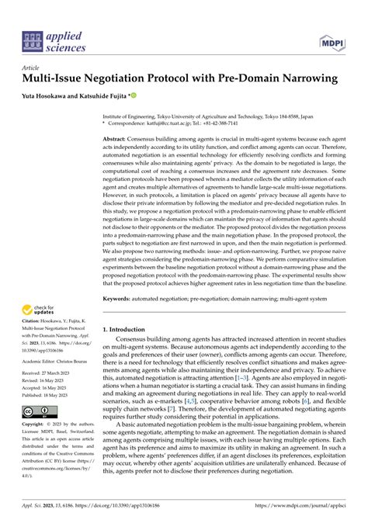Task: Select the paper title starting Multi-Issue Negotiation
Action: pos(178,78)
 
